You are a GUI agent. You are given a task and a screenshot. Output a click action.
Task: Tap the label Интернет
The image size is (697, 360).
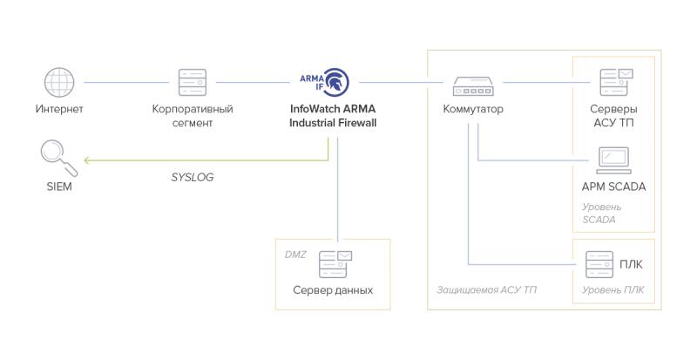point(58,110)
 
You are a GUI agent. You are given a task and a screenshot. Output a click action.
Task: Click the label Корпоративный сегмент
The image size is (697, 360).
point(193,116)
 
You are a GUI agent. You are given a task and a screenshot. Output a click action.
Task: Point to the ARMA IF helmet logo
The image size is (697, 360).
point(333,81)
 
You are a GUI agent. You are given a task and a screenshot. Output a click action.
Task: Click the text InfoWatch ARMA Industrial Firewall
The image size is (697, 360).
point(333,116)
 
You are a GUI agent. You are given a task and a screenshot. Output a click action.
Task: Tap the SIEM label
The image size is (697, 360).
point(58,187)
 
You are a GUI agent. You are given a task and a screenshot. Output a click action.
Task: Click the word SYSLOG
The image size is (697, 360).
point(193,177)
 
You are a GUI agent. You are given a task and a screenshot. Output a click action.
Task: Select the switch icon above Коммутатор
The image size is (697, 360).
point(472,85)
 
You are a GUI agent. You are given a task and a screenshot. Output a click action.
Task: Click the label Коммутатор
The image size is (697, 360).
point(472,110)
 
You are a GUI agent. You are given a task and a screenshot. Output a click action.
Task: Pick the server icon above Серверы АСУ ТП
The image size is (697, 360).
point(614,82)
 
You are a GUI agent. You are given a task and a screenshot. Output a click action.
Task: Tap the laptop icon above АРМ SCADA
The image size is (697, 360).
point(613,160)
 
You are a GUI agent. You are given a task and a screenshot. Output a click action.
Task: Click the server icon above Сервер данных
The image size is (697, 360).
point(334,262)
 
